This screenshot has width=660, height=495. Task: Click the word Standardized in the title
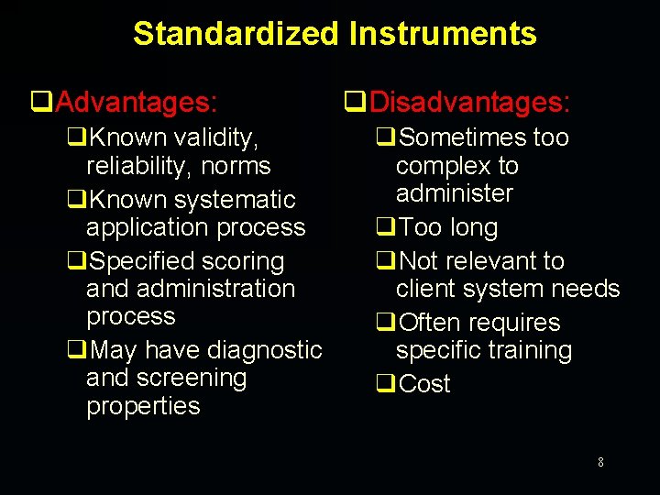[x=236, y=34]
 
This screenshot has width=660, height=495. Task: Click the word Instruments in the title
[x=443, y=34]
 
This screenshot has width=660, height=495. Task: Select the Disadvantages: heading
[x=470, y=101]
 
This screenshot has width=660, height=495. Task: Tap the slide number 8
[x=600, y=463]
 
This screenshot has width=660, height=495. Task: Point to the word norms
[x=236, y=166]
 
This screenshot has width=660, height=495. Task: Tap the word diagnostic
[x=265, y=350]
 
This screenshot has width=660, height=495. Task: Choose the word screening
[x=191, y=378]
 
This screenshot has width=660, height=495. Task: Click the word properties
[x=143, y=406]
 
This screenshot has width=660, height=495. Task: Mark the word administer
[x=454, y=193]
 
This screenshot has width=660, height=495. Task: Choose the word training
[x=530, y=350]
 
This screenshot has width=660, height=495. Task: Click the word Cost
[x=425, y=384]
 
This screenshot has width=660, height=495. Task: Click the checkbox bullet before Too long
[x=385, y=227]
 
